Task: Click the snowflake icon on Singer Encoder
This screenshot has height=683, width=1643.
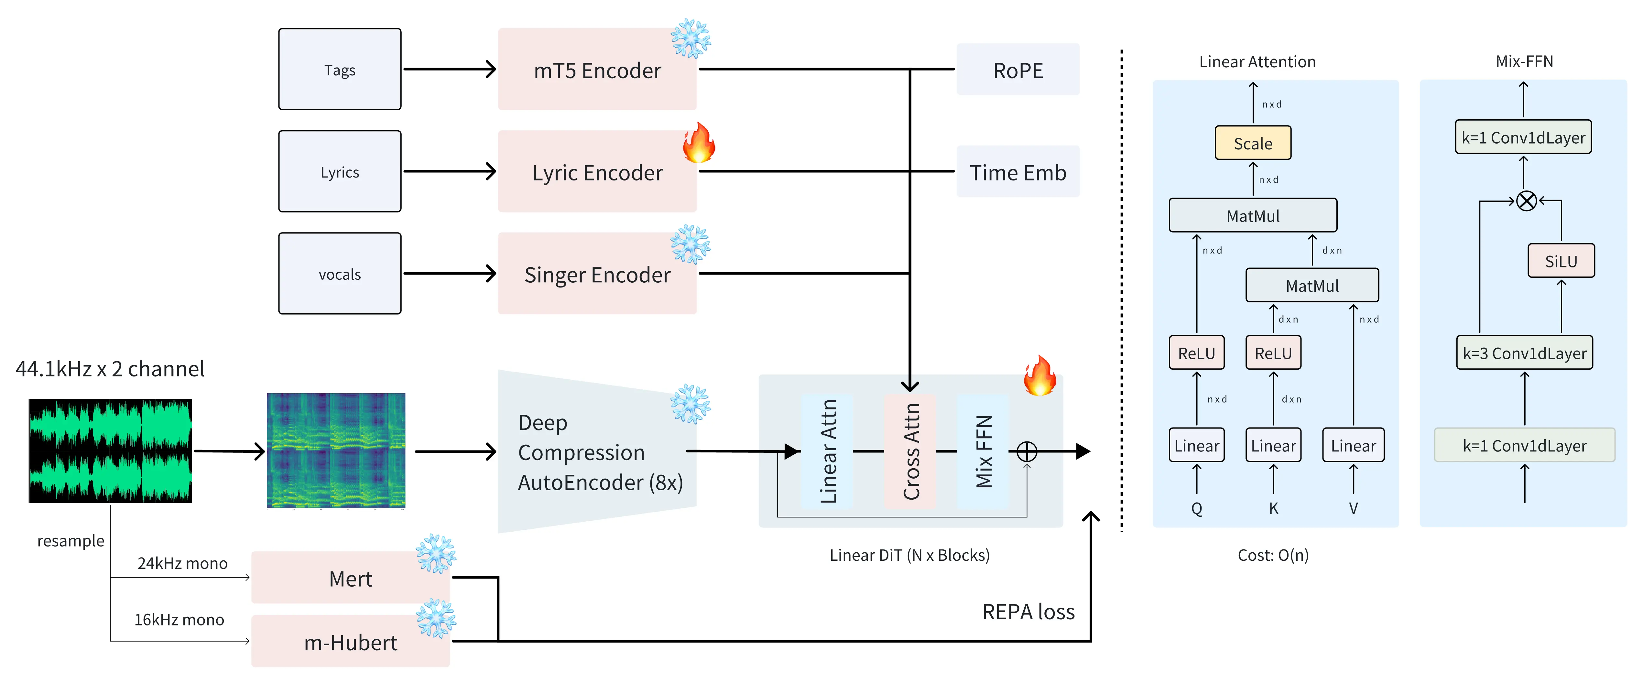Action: (690, 244)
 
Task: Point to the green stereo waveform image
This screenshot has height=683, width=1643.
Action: (110, 451)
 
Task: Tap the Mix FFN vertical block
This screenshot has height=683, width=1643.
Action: (983, 451)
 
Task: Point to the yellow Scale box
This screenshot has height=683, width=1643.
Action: (1253, 143)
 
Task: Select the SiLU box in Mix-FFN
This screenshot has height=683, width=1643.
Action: (1561, 261)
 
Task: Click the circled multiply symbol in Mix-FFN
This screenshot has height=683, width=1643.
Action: (1526, 201)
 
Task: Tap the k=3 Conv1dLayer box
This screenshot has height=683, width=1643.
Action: (1524, 353)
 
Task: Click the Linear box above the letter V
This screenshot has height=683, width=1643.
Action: (1353, 445)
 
